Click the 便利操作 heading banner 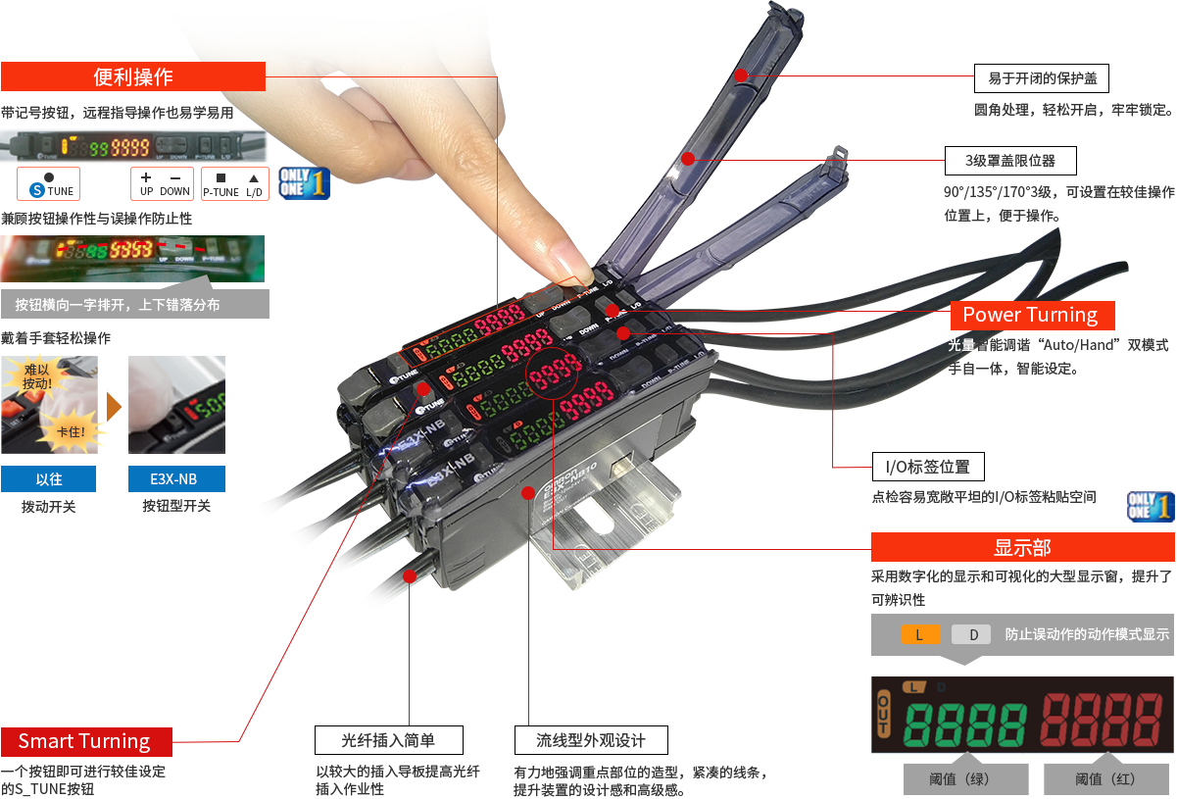133,76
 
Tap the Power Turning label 1031,315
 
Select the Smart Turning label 85,741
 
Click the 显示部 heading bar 1021,547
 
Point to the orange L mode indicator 919,634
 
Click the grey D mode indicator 972,634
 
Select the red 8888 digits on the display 1103,722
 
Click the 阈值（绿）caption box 965,779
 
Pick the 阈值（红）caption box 1104,779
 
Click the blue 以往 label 49,478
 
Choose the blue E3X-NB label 175,478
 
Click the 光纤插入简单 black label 388,739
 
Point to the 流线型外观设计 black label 592,739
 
